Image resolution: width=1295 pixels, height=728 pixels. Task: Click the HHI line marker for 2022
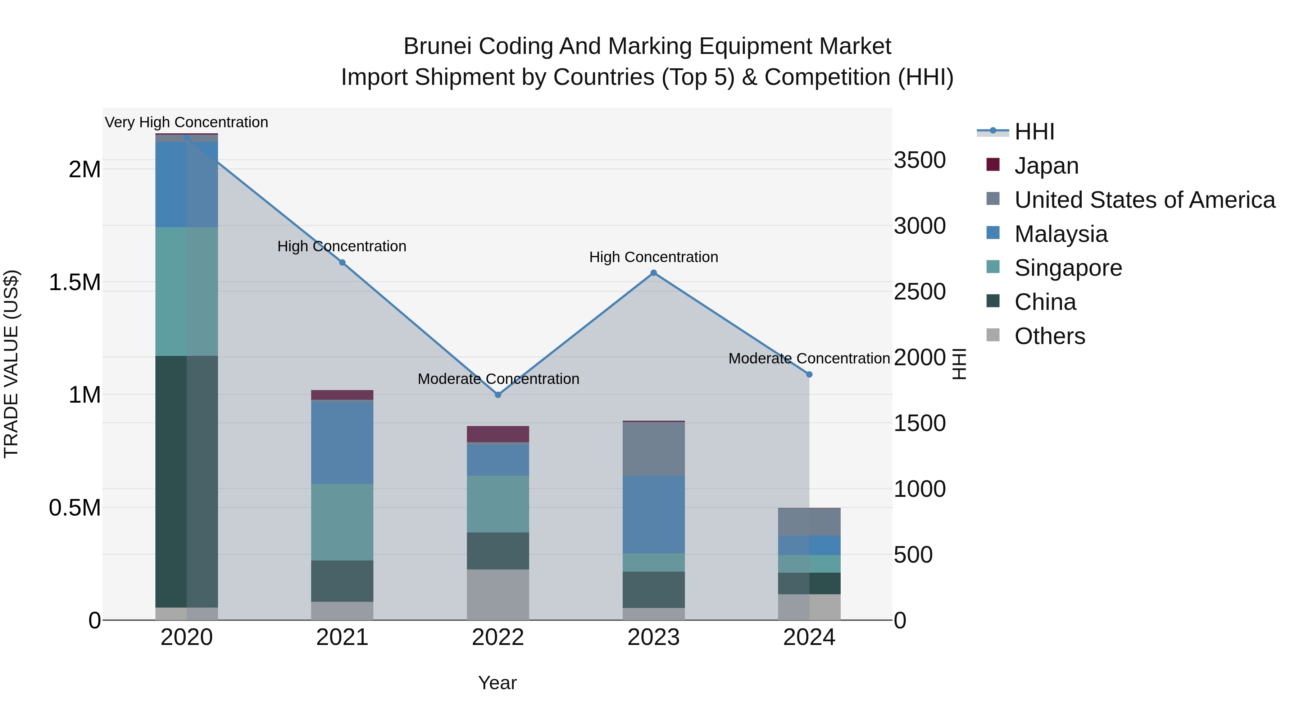pyautogui.click(x=498, y=395)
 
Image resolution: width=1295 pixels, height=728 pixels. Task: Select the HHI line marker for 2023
pyautogui.click(x=654, y=273)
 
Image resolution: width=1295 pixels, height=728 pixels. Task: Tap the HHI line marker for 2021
pyautogui.click(x=342, y=262)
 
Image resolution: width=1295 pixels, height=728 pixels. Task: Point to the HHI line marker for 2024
pyautogui.click(x=809, y=374)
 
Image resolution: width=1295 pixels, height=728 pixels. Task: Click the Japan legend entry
pyautogui.click(x=1046, y=166)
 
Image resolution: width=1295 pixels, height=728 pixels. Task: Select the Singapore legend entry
pyautogui.click(x=1068, y=268)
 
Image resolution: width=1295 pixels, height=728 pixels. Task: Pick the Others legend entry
pyautogui.click(x=1050, y=336)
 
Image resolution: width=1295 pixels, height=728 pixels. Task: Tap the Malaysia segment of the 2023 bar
pyautogui.click(x=654, y=514)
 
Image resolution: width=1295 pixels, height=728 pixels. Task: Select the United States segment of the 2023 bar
pyautogui.click(x=654, y=449)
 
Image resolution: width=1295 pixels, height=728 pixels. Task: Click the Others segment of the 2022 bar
pyautogui.click(x=498, y=594)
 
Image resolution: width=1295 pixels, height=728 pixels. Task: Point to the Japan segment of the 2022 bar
pyautogui.click(x=498, y=434)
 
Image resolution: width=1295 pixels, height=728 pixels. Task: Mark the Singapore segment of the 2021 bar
pyautogui.click(x=342, y=522)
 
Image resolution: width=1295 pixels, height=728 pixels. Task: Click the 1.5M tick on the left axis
pyautogui.click(x=74, y=282)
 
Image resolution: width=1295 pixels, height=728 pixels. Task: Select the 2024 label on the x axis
pyautogui.click(x=809, y=637)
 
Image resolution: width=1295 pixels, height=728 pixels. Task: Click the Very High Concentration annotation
pyautogui.click(x=186, y=122)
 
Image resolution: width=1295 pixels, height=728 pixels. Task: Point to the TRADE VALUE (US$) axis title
pyautogui.click(x=11, y=364)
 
